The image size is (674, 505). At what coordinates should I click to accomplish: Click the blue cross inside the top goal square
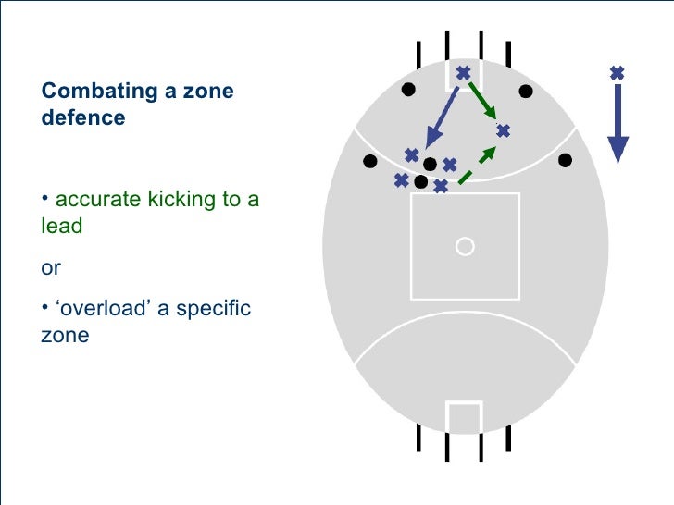point(463,72)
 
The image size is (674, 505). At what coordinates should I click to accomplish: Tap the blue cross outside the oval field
point(618,72)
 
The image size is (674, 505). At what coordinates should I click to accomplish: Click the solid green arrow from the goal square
point(484,102)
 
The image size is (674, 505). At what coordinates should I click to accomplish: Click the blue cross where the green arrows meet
point(503,131)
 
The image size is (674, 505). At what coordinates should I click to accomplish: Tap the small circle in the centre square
point(466,246)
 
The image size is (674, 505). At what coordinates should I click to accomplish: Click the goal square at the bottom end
point(464,416)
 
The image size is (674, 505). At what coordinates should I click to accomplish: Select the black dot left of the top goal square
point(407,91)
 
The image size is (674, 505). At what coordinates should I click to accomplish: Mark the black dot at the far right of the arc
point(565,161)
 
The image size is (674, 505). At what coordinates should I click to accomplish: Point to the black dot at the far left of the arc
point(369,161)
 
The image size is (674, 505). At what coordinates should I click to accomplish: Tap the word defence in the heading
point(83,118)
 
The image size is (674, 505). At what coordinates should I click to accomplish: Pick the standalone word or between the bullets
point(51,268)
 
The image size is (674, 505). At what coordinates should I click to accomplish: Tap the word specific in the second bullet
point(212,309)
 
